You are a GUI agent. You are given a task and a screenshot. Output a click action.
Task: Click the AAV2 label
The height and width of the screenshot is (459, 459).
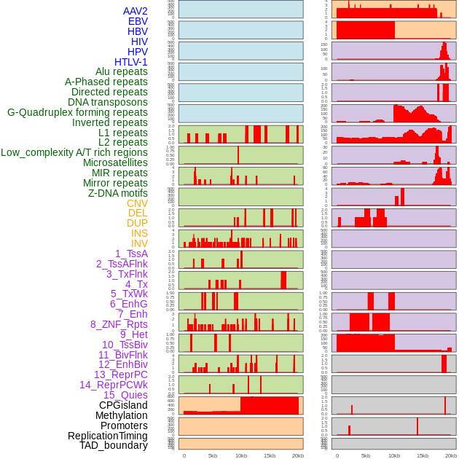coord(135,11)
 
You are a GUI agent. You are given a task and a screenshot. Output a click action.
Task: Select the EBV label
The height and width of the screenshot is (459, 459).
coord(138,21)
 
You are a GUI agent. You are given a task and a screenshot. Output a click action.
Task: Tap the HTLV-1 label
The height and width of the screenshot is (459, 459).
coord(131,62)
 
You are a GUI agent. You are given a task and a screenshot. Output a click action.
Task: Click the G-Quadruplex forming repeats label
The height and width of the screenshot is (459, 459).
coord(77,112)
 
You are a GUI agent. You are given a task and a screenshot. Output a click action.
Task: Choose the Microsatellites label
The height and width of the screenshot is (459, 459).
coord(115,162)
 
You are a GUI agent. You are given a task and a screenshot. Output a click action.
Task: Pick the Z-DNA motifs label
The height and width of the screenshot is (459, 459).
coord(118,193)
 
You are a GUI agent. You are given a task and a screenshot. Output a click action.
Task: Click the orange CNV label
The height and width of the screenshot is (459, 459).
coord(137,203)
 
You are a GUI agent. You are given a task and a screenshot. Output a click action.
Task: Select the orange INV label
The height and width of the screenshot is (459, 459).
coord(139,243)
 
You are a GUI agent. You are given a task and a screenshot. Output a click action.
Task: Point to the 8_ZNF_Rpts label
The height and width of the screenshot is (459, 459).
coord(119,324)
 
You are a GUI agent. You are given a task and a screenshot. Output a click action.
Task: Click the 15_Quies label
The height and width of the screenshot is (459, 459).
coord(125,395)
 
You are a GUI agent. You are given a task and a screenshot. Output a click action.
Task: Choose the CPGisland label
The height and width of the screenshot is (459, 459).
coord(123,405)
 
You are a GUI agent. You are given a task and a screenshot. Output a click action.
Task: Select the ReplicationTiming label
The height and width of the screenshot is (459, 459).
coord(107,436)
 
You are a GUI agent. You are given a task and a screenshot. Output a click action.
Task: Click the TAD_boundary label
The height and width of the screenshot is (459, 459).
coord(114,445)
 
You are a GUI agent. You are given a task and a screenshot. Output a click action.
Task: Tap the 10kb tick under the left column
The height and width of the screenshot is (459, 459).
coord(240,455)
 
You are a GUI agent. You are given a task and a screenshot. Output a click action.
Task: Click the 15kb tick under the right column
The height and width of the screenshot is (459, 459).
coord(422,455)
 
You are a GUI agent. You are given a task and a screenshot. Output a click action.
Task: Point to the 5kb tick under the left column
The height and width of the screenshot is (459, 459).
coord(213,455)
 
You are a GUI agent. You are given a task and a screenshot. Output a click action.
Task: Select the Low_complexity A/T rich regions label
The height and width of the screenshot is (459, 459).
coord(74,152)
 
